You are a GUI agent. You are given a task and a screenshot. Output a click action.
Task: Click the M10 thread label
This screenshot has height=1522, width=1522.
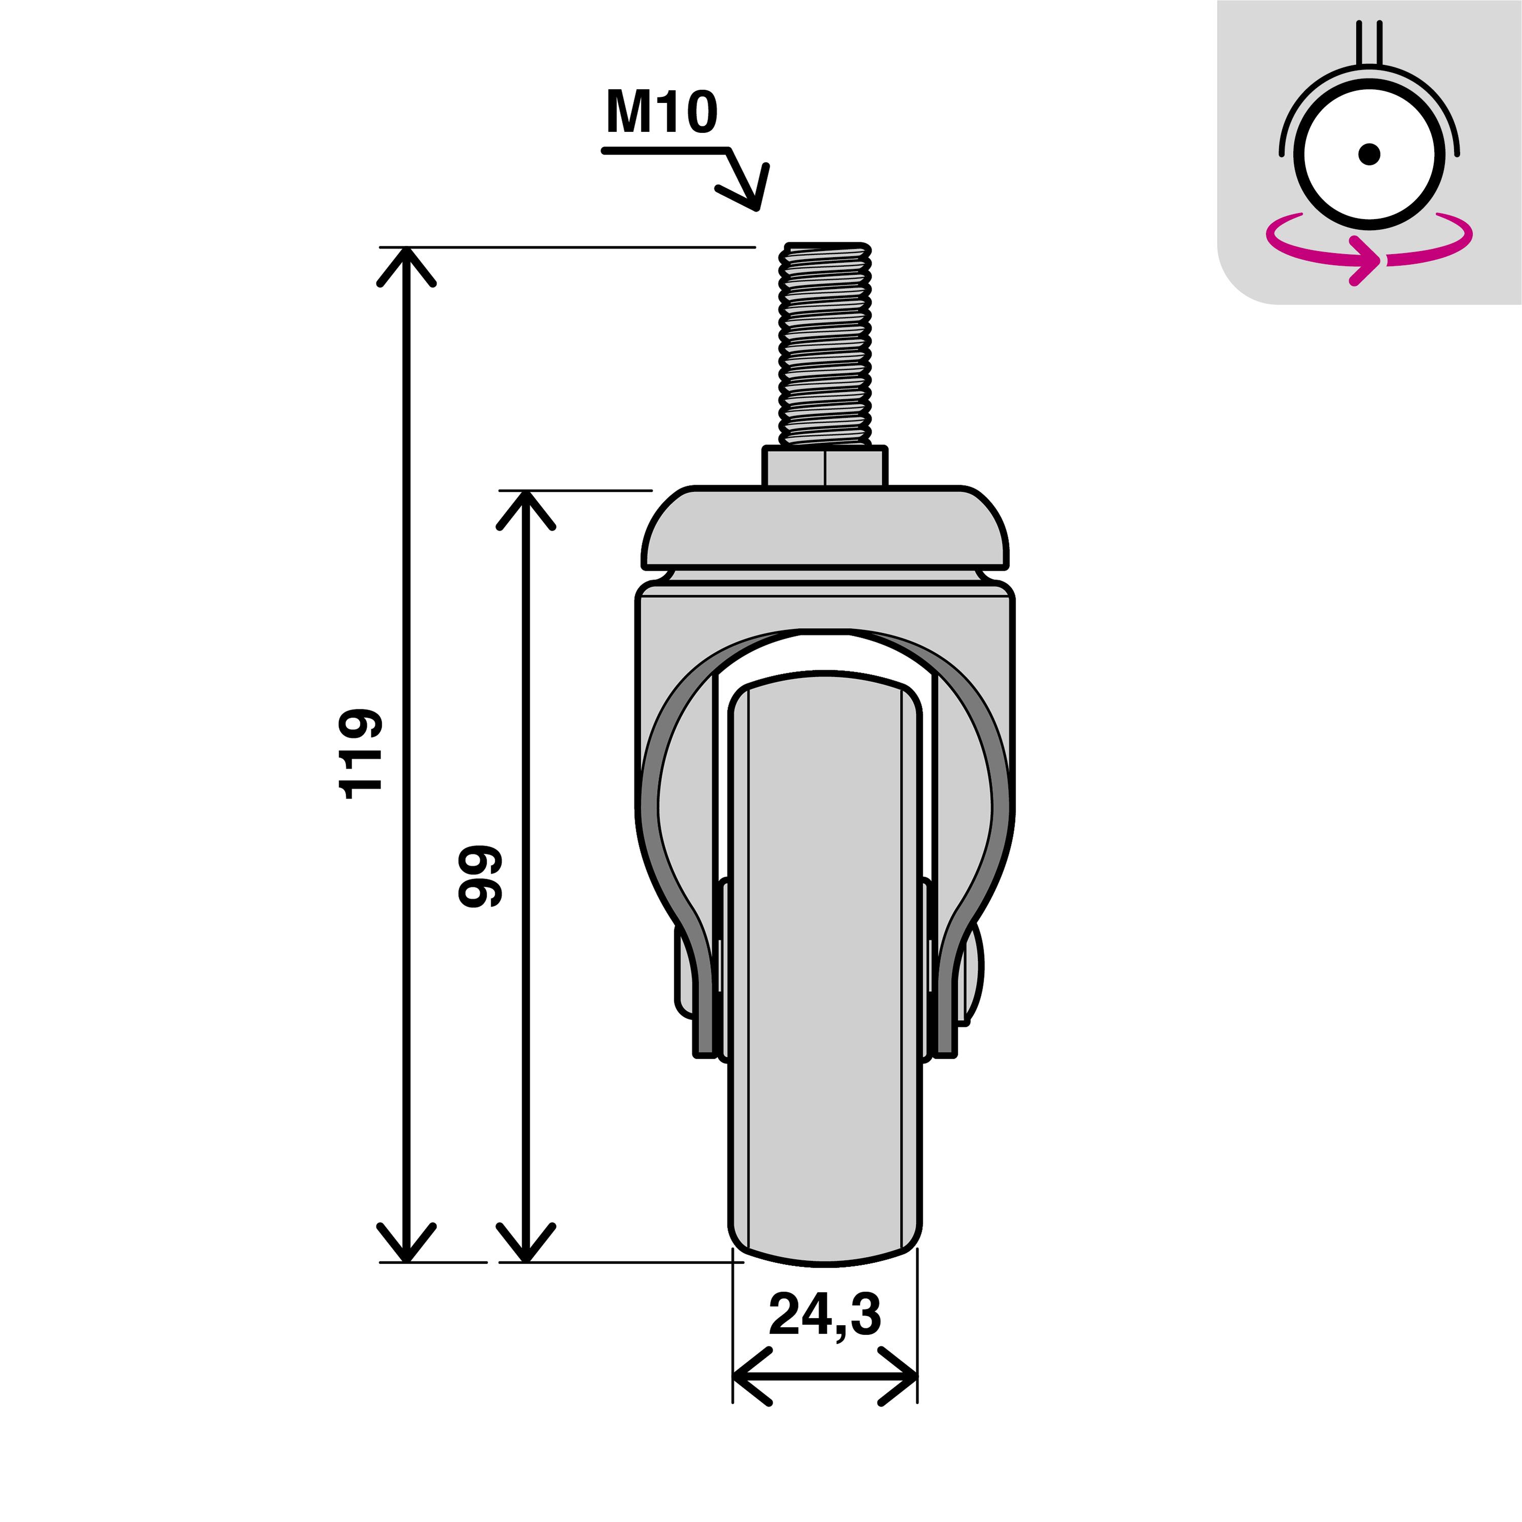tap(662, 113)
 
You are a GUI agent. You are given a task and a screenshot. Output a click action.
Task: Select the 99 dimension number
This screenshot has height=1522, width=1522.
tap(480, 876)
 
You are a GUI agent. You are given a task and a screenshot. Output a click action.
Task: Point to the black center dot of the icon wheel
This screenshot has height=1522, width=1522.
tap(1369, 154)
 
